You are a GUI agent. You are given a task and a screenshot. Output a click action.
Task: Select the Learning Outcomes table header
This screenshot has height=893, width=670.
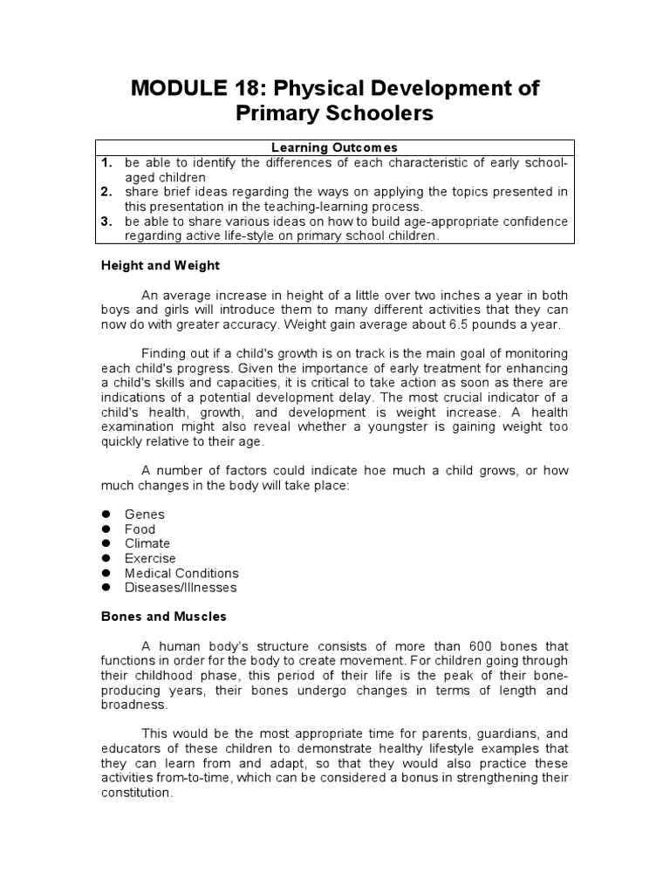click(x=336, y=147)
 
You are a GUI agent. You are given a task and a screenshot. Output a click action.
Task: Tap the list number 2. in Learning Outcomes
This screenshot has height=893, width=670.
click(x=106, y=192)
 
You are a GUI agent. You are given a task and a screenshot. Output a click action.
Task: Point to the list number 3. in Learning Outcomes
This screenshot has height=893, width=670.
click(x=106, y=222)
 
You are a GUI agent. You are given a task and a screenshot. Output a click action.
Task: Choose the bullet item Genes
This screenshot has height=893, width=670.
click(x=144, y=515)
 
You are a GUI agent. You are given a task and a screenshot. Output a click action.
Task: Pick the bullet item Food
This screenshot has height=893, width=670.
click(x=140, y=529)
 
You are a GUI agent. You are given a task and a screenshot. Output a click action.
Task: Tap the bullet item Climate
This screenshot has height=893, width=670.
click(x=147, y=543)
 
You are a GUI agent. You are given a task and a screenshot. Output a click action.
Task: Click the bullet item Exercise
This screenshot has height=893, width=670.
click(x=150, y=558)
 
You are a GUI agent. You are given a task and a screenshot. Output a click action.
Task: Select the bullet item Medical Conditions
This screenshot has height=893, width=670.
click(x=181, y=573)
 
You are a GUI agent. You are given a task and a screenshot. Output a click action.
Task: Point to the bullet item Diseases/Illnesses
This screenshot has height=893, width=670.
click(x=180, y=588)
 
